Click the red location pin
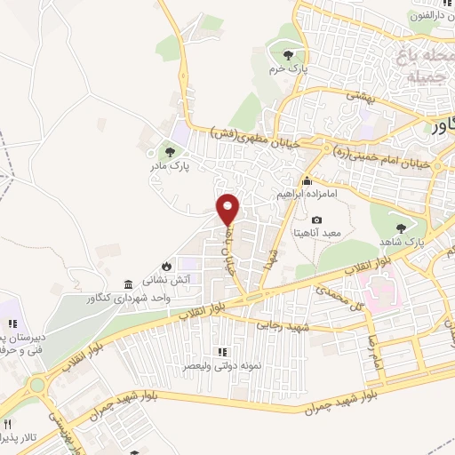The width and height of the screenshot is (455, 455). (228, 209)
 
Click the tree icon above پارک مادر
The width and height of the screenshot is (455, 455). (170, 150)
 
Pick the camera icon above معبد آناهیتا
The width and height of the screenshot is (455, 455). (316, 220)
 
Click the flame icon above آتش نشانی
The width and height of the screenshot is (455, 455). (166, 265)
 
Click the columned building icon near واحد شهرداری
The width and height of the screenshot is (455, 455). (130, 284)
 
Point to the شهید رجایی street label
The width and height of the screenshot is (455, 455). (282, 327)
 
